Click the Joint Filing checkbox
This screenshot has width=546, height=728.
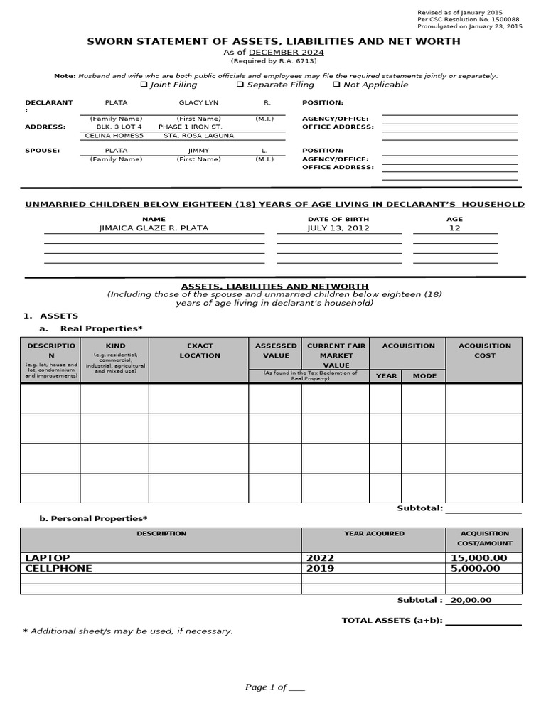point(144,85)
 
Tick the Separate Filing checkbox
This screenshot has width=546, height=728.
point(240,85)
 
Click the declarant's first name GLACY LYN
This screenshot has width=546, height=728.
point(198,102)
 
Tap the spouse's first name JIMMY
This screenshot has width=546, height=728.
point(198,151)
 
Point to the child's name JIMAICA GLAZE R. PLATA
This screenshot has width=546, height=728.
point(154,228)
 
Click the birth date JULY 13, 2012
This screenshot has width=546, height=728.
point(338,228)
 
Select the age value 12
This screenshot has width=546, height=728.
point(455,228)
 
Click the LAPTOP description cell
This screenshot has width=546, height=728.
point(48,558)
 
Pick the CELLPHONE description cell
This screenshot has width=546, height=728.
point(58,568)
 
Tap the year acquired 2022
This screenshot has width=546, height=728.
point(320,558)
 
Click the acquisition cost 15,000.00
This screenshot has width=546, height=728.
point(479,558)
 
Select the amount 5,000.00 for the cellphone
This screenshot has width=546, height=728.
point(476,568)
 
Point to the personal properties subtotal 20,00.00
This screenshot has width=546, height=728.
point(471,600)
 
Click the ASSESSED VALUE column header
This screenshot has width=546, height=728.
point(275,350)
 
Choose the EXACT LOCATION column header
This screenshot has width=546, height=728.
point(199,350)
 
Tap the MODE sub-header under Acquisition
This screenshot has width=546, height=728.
point(424,375)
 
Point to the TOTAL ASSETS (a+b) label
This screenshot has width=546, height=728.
point(392,620)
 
